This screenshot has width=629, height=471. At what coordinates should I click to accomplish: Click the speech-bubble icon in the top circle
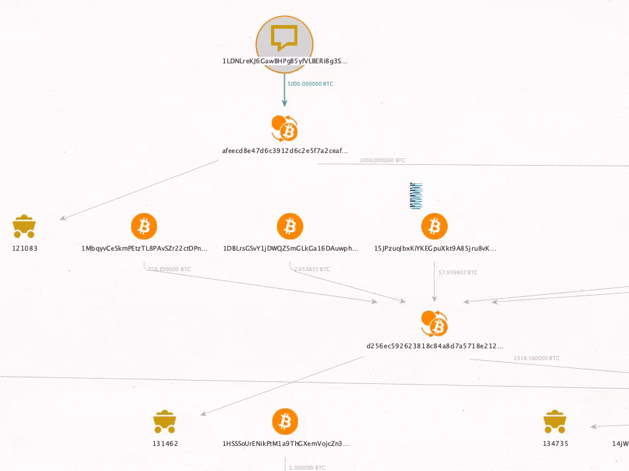click(x=284, y=38)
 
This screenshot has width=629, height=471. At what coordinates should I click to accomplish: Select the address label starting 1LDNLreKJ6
click(x=284, y=61)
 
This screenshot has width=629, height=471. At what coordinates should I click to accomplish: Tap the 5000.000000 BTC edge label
click(x=311, y=84)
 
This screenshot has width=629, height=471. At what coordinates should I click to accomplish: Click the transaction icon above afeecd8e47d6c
click(x=285, y=129)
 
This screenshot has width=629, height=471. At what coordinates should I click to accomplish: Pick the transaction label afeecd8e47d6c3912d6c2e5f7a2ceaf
click(x=284, y=150)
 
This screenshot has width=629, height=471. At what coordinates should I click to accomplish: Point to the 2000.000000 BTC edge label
click(x=382, y=160)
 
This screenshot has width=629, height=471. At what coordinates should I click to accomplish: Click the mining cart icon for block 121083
click(x=24, y=226)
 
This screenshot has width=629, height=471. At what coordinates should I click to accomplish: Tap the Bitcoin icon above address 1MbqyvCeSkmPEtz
click(x=144, y=226)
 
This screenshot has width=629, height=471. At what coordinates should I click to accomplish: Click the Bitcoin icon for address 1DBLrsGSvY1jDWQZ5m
click(x=289, y=226)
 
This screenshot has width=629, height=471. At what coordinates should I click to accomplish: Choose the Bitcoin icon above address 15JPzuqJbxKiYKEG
click(x=434, y=226)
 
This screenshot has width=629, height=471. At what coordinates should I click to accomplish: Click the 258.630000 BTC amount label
click(x=165, y=269)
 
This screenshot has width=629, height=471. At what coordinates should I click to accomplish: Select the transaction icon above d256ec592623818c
click(x=434, y=323)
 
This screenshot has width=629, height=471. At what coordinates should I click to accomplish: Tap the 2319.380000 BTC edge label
click(x=536, y=358)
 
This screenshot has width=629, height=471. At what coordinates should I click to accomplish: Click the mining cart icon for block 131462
click(x=164, y=422)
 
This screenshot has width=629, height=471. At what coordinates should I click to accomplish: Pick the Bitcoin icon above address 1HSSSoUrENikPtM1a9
click(x=285, y=422)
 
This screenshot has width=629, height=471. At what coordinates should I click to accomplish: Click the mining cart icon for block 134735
click(x=555, y=422)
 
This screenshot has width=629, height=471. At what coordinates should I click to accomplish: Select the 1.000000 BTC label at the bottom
click(x=307, y=467)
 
